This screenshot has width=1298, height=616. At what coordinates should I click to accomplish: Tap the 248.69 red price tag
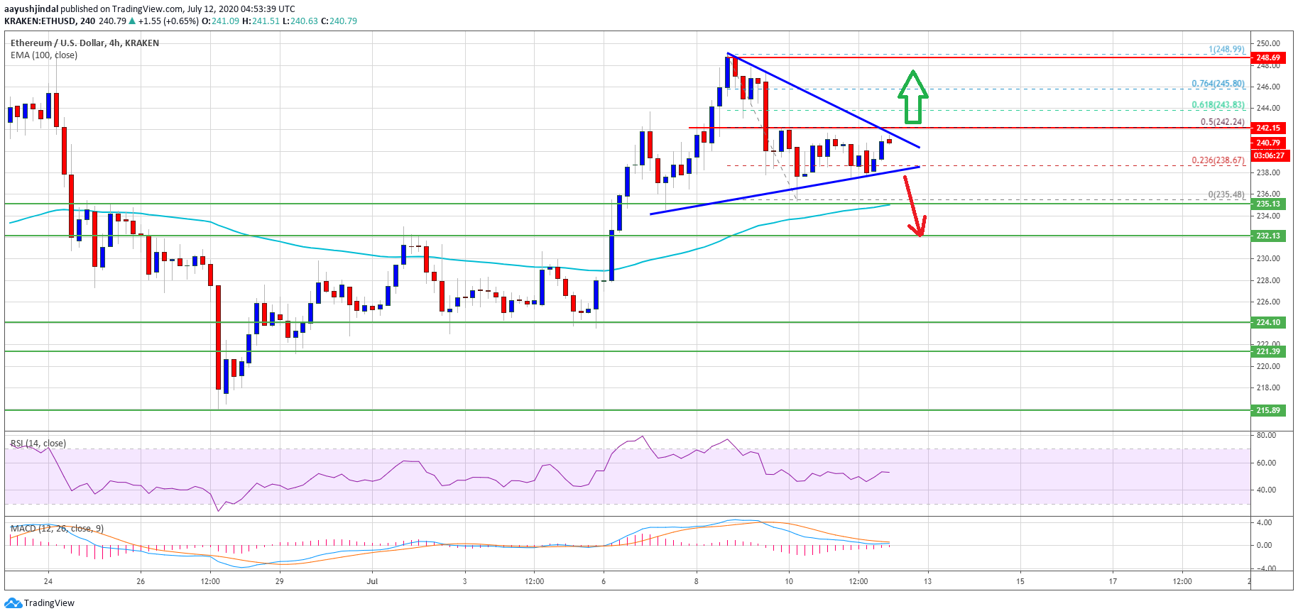coord(1268,57)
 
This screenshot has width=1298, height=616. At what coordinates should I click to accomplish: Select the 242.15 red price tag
coord(1268,128)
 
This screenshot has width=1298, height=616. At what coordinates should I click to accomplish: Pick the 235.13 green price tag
coord(1268,204)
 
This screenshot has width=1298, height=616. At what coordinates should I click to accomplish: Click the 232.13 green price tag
coord(1268,236)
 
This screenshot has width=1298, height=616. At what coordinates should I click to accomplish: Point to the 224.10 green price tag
coord(1268,322)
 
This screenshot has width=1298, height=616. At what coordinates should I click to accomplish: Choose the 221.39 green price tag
coord(1268,351)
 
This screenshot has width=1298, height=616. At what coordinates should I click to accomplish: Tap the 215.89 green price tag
coord(1268,410)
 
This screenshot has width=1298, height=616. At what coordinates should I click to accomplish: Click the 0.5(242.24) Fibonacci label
coord(1222,121)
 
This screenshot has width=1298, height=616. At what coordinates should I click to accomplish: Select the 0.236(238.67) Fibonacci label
coord(1218,160)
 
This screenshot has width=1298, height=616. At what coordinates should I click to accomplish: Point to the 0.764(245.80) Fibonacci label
coord(1218,84)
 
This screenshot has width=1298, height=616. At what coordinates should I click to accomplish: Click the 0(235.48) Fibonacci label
coord(1226,194)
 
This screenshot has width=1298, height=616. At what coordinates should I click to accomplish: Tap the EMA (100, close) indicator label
coord(44,55)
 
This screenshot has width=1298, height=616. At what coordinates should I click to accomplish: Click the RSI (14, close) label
coord(38,444)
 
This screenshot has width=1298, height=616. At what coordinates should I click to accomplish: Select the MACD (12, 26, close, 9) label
coord(57,529)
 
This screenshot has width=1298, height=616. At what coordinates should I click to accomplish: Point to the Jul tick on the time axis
coord(372,581)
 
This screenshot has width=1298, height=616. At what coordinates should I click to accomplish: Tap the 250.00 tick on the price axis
coord(1267,43)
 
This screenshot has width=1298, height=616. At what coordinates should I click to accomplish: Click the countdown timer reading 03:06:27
coord(1268,155)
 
